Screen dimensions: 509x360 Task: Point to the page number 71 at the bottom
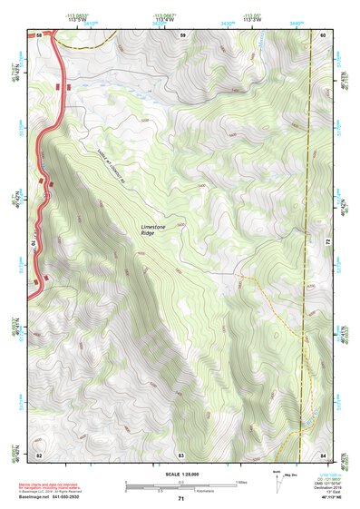181,500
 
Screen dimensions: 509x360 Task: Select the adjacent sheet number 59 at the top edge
182,34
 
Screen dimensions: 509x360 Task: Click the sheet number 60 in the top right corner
323,34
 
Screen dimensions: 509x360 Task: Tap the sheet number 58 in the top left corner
40,34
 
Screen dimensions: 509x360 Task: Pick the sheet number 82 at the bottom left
40,454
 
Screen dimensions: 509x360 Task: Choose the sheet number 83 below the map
181,454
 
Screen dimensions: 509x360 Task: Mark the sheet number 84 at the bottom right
323,454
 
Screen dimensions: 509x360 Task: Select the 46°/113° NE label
329,498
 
